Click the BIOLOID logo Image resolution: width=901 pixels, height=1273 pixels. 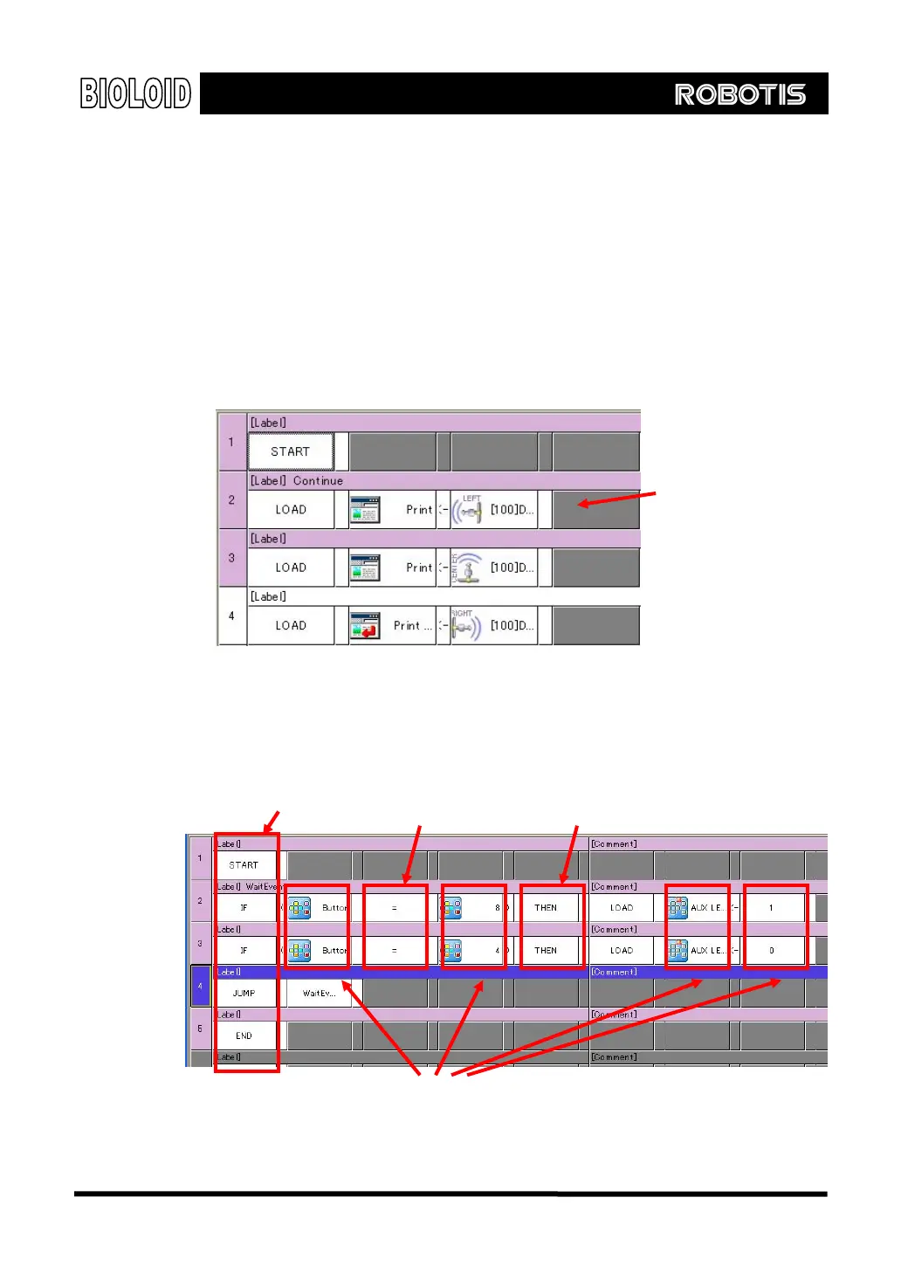coord(135,93)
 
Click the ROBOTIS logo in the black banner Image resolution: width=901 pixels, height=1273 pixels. coord(739,94)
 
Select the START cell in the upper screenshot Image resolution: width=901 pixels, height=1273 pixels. coord(290,451)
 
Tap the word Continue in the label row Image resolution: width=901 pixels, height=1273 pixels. coord(318,481)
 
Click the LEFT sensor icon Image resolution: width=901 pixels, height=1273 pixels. coord(469,510)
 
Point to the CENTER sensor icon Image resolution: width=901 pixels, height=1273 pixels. coord(467,568)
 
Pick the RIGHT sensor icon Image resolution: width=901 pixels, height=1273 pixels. coord(465,626)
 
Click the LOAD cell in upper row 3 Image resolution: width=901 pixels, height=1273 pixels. coord(291,568)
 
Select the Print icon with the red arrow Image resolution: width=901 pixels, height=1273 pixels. coord(365,626)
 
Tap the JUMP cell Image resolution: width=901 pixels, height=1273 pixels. coord(244,994)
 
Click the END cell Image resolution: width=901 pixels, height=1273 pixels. coord(244,1036)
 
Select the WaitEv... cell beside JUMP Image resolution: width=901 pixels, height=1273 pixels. coord(319,994)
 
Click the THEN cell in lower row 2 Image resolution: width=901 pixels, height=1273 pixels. coord(546,908)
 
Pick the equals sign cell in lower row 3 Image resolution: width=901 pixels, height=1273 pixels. coord(395,951)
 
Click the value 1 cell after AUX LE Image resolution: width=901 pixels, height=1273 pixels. coord(772,908)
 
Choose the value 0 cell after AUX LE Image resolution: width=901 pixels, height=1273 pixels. coord(772,951)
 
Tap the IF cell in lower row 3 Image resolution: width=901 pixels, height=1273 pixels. coord(244,951)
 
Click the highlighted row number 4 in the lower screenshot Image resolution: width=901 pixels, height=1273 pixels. coord(200,987)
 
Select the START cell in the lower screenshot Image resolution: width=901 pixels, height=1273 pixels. coord(244,865)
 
